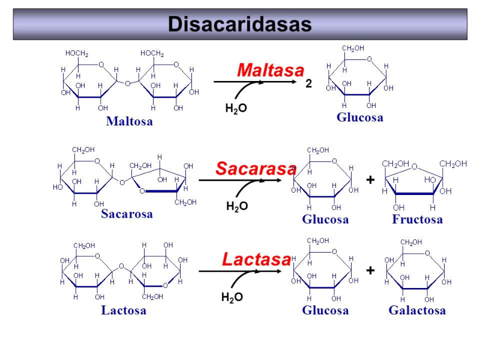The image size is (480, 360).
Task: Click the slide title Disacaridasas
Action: pyautogui.click(x=239, y=24)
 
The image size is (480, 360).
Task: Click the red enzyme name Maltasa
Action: pyautogui.click(x=270, y=70)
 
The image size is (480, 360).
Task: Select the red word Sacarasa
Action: pyautogui.click(x=256, y=169)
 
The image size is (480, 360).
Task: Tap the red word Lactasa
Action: pyautogui.click(x=256, y=259)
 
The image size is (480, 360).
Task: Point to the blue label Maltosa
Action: pyautogui.click(x=129, y=121)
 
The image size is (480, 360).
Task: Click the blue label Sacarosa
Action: pyautogui.click(x=127, y=214)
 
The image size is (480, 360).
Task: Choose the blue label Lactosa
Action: pyautogui.click(x=124, y=310)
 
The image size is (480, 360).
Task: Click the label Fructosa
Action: pyautogui.click(x=417, y=219)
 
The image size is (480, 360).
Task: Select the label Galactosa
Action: pyautogui.click(x=417, y=310)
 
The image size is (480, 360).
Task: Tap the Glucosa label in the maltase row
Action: pyautogui.click(x=359, y=117)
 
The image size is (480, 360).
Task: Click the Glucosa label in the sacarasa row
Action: pyautogui.click(x=325, y=219)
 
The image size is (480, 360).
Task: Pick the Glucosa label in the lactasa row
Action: pyautogui.click(x=325, y=310)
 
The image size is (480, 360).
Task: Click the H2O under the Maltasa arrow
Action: pyautogui.click(x=236, y=109)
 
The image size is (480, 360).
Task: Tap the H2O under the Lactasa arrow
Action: pyautogui.click(x=232, y=298)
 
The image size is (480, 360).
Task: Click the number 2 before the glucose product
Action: pyautogui.click(x=308, y=85)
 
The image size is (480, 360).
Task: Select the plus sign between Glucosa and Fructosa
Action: pyautogui.click(x=370, y=179)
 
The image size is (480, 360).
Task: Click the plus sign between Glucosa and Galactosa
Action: pyautogui.click(x=370, y=271)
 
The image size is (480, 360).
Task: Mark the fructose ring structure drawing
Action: pyautogui.click(x=418, y=183)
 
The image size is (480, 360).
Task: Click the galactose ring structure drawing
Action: pyautogui.click(x=416, y=271)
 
